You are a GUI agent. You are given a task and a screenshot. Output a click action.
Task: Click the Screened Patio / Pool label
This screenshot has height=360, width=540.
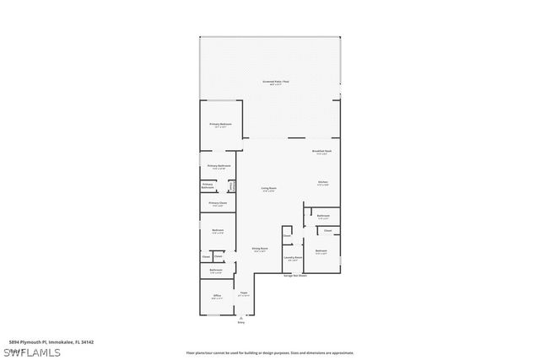[x=275, y=83]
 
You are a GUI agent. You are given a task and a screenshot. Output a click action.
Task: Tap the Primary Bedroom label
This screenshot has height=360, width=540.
[x=220, y=125]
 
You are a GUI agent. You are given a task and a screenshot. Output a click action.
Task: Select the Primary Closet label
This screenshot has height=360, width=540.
[x=218, y=203]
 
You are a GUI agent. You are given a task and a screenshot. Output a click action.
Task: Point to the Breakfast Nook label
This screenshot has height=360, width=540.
[x=321, y=152]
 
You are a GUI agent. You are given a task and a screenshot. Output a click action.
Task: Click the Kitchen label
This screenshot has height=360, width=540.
[x=322, y=183]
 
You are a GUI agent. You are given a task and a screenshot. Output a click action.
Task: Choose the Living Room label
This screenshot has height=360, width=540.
[x=268, y=189]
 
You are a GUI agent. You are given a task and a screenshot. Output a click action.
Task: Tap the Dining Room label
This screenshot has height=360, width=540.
[x=259, y=250]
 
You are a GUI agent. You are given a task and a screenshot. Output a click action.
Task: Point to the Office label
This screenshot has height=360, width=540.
[x=217, y=297]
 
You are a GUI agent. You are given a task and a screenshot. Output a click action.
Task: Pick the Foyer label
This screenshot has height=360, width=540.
[x=243, y=293]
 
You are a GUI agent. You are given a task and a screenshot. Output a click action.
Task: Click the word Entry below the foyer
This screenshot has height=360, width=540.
[x=240, y=322]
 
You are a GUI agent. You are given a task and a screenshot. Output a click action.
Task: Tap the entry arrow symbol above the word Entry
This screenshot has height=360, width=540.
[x=240, y=317]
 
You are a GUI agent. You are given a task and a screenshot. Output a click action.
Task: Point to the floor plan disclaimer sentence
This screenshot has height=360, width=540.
[x=269, y=352]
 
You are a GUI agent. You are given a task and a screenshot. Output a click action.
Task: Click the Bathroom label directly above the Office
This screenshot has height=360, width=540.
[x=216, y=271]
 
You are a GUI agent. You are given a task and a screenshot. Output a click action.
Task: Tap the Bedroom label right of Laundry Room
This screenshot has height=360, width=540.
[x=321, y=251]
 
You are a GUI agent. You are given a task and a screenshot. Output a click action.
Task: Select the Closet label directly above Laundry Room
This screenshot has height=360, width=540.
[x=287, y=236]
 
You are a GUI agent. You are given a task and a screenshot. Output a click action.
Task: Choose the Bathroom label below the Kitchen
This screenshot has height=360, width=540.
[x=323, y=216]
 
